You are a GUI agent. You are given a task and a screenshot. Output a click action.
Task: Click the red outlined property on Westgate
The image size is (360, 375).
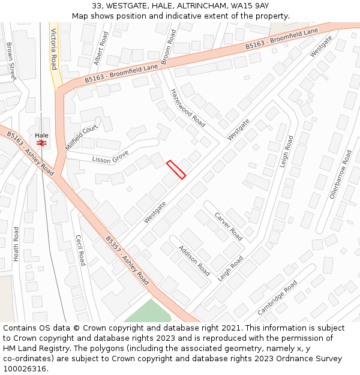pyautogui.click(x=176, y=169)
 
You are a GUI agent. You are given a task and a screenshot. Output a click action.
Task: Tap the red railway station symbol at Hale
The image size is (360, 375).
pyautogui.click(x=41, y=143)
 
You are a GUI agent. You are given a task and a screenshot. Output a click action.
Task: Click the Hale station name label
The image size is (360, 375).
pyautogui.click(x=41, y=136)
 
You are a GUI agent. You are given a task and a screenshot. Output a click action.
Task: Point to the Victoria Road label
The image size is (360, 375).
pyautogui.click(x=53, y=49)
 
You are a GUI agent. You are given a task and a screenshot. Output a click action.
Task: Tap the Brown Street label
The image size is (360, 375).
pyautogui.click(x=11, y=61)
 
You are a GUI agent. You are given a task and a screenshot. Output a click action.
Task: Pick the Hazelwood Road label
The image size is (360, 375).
pyautogui.click(x=188, y=108)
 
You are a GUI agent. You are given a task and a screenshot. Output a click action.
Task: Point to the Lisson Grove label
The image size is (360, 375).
pyautogui.click(x=110, y=158)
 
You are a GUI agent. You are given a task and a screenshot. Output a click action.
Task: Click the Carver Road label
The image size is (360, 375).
pyautogui.click(x=229, y=226)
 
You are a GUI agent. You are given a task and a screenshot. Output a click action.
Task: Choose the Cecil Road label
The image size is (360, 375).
pyautogui.click(x=80, y=250)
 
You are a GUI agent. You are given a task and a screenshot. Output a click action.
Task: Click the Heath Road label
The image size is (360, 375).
pyautogui.click(x=17, y=244)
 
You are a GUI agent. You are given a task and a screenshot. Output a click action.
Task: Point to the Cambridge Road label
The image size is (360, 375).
pyautogui.click(x=277, y=298)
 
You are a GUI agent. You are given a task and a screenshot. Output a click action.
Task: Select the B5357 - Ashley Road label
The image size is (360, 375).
pyautogui.click(x=127, y=260)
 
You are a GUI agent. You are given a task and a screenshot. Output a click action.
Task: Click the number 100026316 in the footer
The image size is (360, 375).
pyautogui.click(x=25, y=368)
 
